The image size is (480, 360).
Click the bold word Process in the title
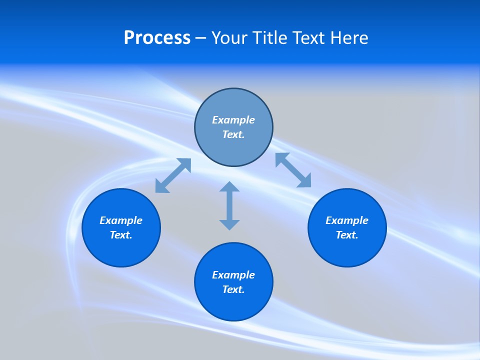tap(157, 38)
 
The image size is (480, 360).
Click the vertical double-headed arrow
tap(229, 206)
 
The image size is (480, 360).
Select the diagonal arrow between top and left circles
tap(173, 175)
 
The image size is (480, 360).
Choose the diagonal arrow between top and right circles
tap(293, 170)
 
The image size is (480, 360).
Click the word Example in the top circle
tap(233, 120)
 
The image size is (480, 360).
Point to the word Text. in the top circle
tap(233, 134)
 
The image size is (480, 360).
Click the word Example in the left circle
tap(121, 220)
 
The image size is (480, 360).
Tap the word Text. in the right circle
tap(347, 235)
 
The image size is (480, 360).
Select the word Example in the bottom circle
tap(233, 275)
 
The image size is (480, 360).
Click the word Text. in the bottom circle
tap(233, 289)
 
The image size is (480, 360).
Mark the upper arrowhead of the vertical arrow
tap(229, 187)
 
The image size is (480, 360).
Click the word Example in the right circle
tap(347, 220)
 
